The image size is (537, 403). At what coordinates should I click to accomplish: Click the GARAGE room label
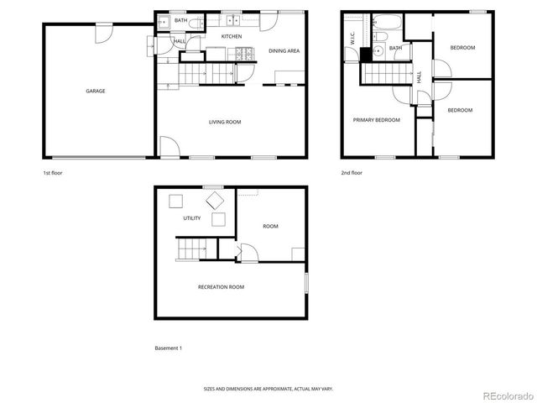pyautogui.click(x=96, y=91)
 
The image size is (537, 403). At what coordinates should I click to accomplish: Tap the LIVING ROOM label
pyautogui.click(x=225, y=123)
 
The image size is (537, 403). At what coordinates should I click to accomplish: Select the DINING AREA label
pyautogui.click(x=284, y=51)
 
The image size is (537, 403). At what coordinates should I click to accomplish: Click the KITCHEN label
pyautogui.click(x=232, y=37)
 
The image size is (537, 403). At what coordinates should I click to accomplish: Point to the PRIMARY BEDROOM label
pyautogui.click(x=376, y=120)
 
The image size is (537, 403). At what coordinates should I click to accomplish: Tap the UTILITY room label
pyautogui.click(x=192, y=218)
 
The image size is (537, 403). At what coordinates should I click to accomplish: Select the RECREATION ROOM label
pyautogui.click(x=221, y=287)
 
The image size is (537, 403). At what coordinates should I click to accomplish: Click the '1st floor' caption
pyautogui.click(x=53, y=173)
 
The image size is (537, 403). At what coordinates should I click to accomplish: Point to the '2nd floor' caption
pyautogui.click(x=352, y=173)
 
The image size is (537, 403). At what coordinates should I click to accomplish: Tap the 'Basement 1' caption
pyautogui.click(x=168, y=348)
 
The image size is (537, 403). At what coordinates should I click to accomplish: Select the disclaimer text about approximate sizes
pyautogui.click(x=268, y=389)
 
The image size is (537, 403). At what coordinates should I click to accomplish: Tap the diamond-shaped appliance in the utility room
pyautogui.click(x=216, y=200)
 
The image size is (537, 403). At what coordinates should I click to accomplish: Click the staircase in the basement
pyautogui.click(x=193, y=249)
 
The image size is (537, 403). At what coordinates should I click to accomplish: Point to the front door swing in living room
pyautogui.click(x=167, y=147)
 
